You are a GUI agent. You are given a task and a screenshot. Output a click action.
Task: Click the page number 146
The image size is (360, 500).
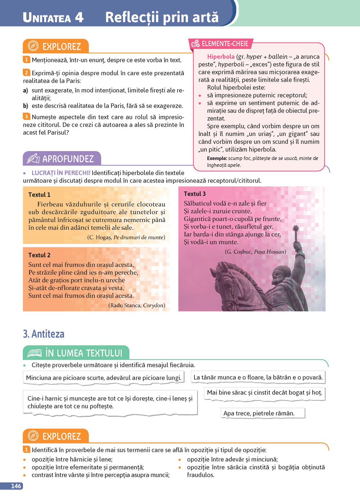click(x=16, y=486)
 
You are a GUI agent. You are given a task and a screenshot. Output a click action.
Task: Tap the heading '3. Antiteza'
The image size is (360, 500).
click(x=44, y=334)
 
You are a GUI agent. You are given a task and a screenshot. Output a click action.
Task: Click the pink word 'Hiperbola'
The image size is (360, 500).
click(x=221, y=56)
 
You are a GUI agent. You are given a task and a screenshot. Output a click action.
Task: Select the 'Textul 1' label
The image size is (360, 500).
click(x=39, y=195)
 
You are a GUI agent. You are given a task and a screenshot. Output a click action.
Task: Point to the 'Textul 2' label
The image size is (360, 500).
click(x=39, y=255)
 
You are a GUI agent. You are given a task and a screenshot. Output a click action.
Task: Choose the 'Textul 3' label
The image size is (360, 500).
click(x=195, y=194)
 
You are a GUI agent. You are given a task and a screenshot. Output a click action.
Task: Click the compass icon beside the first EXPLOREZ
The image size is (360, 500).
click(x=33, y=46)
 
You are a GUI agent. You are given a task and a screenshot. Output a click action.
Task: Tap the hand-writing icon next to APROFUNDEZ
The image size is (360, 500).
click(x=33, y=158)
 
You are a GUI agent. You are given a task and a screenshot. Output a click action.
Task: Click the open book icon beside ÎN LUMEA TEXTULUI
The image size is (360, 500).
click(x=35, y=353)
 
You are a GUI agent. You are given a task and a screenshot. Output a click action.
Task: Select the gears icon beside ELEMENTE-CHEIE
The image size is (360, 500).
click(x=195, y=44)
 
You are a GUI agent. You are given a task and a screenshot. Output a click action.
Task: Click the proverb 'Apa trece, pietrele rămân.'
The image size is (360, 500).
click(x=259, y=413)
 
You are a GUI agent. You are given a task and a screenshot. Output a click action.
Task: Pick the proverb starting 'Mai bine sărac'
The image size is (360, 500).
click(x=265, y=392)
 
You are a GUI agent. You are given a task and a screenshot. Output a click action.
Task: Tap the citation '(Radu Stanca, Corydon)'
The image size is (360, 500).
click(x=137, y=305)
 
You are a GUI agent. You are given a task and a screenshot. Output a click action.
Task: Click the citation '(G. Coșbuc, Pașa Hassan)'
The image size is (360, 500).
click(x=256, y=252)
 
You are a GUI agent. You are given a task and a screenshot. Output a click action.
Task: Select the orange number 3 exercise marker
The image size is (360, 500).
click(x=26, y=116)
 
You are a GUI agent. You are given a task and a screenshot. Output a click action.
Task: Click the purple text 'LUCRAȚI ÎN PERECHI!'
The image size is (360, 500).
click(x=61, y=173)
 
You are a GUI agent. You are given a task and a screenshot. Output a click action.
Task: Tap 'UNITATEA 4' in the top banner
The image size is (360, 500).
click(x=53, y=17)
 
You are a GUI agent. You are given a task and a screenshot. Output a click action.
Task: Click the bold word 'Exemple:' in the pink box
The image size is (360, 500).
click(x=217, y=158)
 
